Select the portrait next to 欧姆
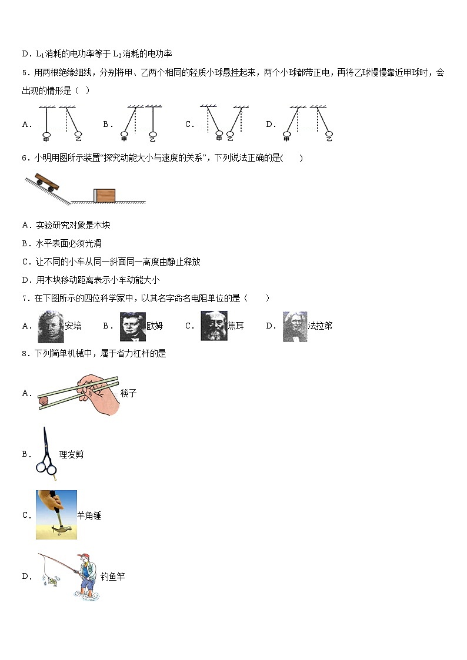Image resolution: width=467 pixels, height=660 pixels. (x=133, y=326)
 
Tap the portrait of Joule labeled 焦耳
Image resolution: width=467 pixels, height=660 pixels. (x=214, y=326)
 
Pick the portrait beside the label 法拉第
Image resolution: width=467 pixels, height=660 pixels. (x=295, y=326)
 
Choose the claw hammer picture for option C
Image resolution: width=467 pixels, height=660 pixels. (x=56, y=515)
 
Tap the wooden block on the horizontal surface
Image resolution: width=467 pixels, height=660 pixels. (x=105, y=196)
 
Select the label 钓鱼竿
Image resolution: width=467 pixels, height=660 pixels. (x=112, y=577)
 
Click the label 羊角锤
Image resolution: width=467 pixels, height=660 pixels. (x=89, y=515)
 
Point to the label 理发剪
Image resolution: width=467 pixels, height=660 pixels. (x=71, y=454)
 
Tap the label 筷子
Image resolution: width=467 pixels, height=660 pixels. (x=128, y=393)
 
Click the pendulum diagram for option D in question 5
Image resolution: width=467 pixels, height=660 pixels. (x=306, y=123)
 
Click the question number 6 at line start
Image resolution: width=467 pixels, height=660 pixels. (x=25, y=158)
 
